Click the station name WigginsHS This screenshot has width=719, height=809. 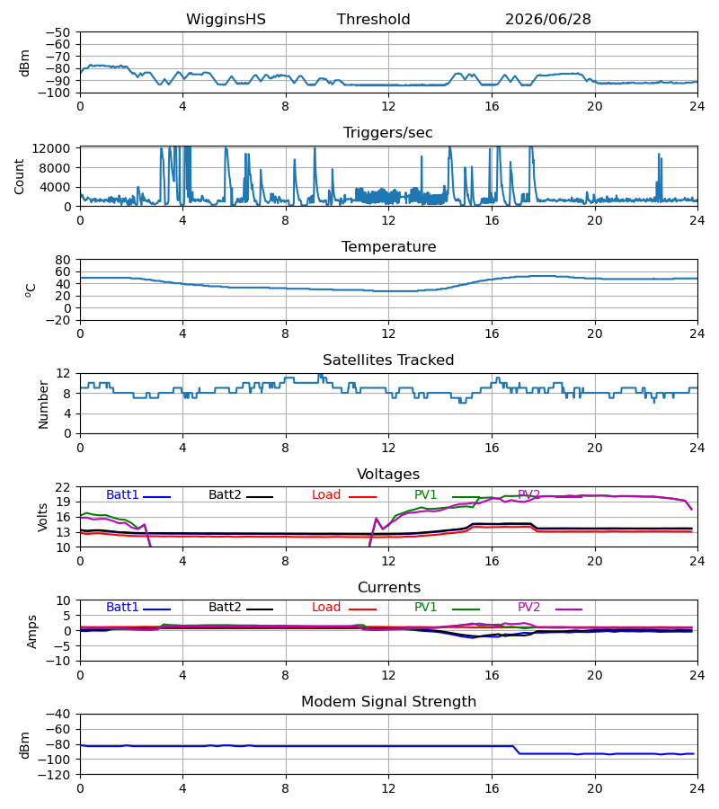[226, 20]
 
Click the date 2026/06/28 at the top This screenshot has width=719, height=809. [547, 20]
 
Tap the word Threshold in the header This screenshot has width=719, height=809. [373, 20]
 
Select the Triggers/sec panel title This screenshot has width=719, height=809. [388, 133]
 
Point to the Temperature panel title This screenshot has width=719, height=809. [388, 246]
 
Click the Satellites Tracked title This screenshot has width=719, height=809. [388, 360]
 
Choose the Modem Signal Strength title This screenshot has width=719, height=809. [388, 702]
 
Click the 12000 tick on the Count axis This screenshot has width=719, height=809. [51, 148]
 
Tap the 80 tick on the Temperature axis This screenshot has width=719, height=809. [63, 260]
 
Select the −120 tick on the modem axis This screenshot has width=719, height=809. [58, 775]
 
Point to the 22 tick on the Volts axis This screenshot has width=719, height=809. [63, 487]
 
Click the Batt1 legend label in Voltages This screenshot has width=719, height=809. [122, 494]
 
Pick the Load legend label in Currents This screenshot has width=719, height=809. [326, 608]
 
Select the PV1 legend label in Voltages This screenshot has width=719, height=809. [425, 494]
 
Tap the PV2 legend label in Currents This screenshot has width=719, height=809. [528, 608]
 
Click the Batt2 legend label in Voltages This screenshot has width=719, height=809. [225, 494]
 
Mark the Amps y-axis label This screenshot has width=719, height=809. [32, 631]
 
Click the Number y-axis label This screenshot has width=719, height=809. [43, 404]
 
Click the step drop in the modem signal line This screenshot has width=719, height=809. [516, 750]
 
